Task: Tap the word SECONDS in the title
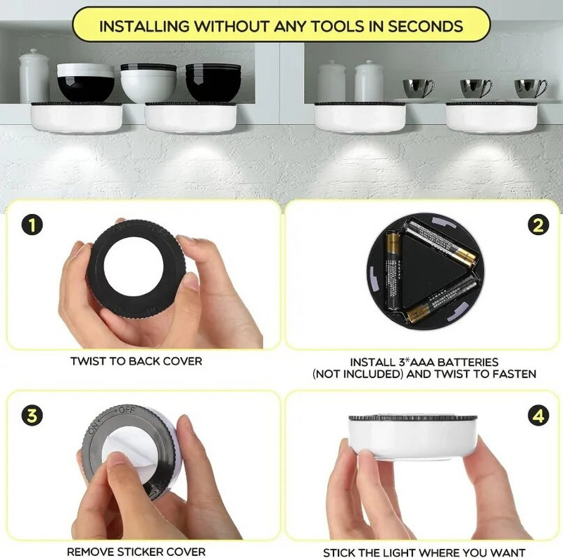click(422, 27)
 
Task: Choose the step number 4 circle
click(538, 416)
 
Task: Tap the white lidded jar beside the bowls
click(34, 75)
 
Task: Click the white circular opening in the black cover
click(133, 270)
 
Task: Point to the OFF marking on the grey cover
click(128, 410)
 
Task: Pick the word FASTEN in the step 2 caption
click(513, 374)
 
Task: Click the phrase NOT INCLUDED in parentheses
click(358, 374)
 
